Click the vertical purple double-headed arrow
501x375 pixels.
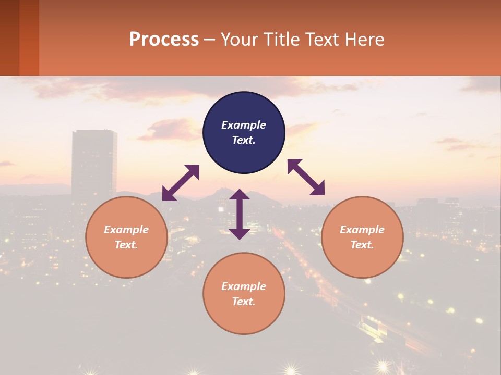click(240, 214)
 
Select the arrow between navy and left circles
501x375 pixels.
click(181, 183)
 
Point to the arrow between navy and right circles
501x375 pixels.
click(306, 177)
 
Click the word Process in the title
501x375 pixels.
click(164, 39)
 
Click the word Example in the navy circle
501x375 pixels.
click(244, 125)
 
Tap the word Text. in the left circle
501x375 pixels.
click(126, 245)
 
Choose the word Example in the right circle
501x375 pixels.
click(362, 230)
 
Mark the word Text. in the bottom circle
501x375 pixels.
click(244, 302)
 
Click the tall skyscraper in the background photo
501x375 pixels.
click(94, 161)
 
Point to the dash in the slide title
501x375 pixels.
click(209, 40)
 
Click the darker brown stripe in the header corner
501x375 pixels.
click(9, 37)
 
